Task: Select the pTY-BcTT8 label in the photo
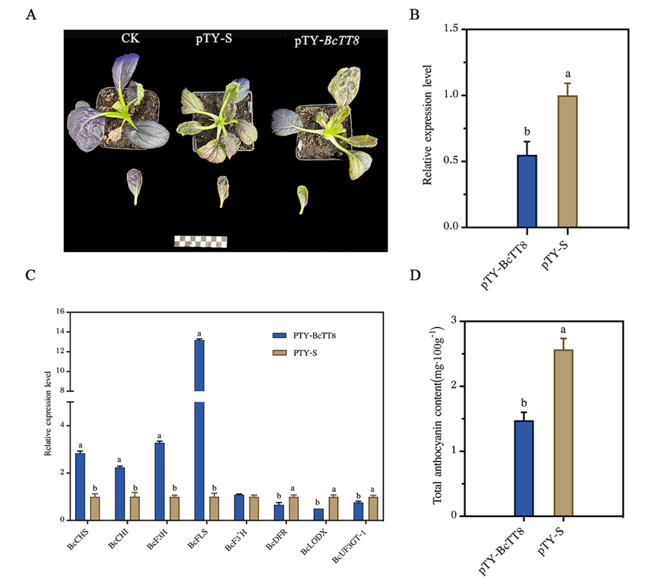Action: pos(326,41)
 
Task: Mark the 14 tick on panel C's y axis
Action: pos(60,332)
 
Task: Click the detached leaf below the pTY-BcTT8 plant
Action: pos(302,198)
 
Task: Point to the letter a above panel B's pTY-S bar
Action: pos(568,74)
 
